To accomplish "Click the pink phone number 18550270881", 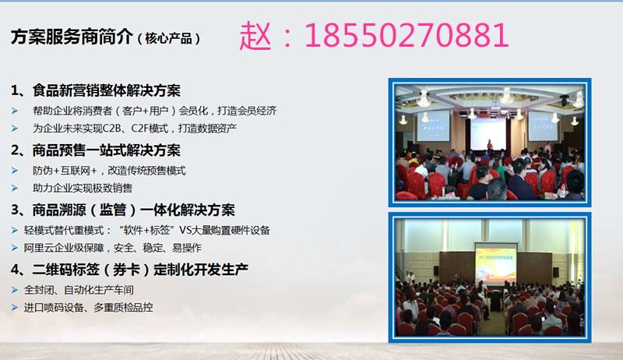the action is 407,35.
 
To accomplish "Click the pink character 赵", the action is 255,36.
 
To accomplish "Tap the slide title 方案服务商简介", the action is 72,37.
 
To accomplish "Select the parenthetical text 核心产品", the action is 168,38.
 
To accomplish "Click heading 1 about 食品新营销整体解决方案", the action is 96,90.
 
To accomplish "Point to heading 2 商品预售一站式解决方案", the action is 96,150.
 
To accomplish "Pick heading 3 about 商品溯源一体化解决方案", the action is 123,210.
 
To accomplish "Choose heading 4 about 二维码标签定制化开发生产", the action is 129,270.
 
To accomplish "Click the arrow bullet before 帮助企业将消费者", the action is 15,111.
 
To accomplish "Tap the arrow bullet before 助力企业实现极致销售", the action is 15,188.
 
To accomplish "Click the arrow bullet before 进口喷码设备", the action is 15,308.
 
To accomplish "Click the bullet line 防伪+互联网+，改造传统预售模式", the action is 109,171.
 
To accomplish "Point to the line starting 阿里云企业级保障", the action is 112,248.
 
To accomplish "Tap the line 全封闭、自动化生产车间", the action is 79,290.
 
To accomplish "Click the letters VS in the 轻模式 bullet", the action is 185,231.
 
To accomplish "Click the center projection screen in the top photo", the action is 488,133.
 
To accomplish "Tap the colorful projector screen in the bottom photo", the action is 496,265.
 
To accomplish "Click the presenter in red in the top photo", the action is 490,145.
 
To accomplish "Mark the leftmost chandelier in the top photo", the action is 403,119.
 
